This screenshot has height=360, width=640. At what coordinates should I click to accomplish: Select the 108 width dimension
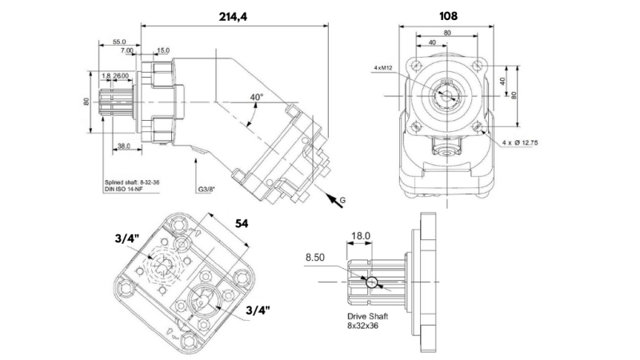(x=448, y=15)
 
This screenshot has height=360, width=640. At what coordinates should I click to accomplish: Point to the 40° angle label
(x=257, y=97)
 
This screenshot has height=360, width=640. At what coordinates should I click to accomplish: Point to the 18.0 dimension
(x=362, y=236)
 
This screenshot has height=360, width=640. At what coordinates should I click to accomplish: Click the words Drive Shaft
(x=368, y=317)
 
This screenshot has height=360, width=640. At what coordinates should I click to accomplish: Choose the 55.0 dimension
(x=119, y=42)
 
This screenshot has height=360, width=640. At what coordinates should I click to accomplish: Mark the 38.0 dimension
(x=124, y=146)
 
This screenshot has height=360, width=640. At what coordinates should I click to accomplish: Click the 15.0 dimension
(x=162, y=50)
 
